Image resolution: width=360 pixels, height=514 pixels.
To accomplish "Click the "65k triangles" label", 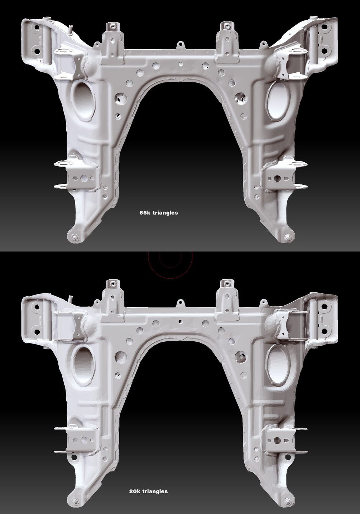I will coord(159,213).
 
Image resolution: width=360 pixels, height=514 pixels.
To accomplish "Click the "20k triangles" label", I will coord(148,491).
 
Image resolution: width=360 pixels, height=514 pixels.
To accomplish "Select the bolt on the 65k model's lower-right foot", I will coord(287,238).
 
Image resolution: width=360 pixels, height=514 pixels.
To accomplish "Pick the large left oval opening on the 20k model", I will coord(84,365).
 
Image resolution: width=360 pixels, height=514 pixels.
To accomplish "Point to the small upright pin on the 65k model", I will coord(71,29).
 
